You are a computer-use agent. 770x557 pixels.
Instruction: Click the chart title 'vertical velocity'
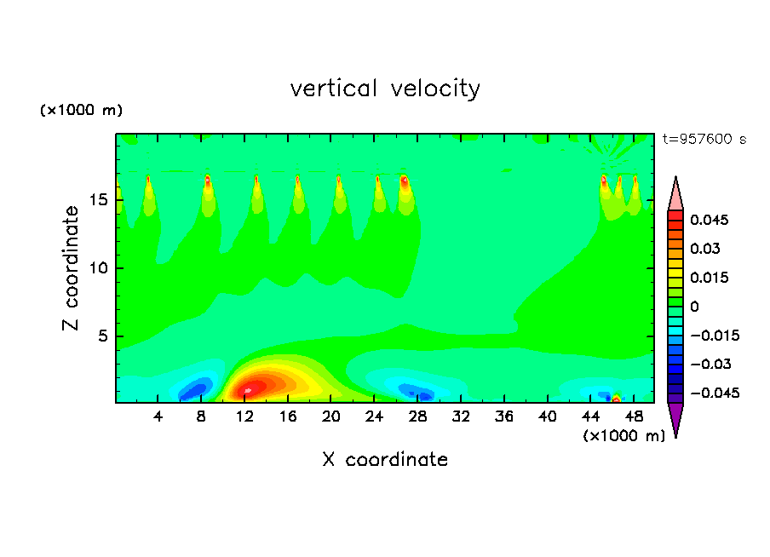tap(385, 89)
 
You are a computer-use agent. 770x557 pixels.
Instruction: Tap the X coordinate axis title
tap(385, 460)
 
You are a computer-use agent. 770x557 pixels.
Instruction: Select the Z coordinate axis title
tap(72, 268)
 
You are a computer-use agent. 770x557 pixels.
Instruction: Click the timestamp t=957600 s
tap(704, 140)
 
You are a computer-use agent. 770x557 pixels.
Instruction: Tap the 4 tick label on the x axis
tap(158, 417)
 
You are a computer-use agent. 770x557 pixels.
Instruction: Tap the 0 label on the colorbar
tap(694, 306)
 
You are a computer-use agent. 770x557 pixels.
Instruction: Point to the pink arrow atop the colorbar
tap(675, 193)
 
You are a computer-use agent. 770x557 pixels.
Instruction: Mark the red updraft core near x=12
tap(250, 388)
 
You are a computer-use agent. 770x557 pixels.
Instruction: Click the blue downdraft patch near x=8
tap(196, 390)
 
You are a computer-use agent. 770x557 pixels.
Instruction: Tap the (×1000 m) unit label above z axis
tap(81, 111)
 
